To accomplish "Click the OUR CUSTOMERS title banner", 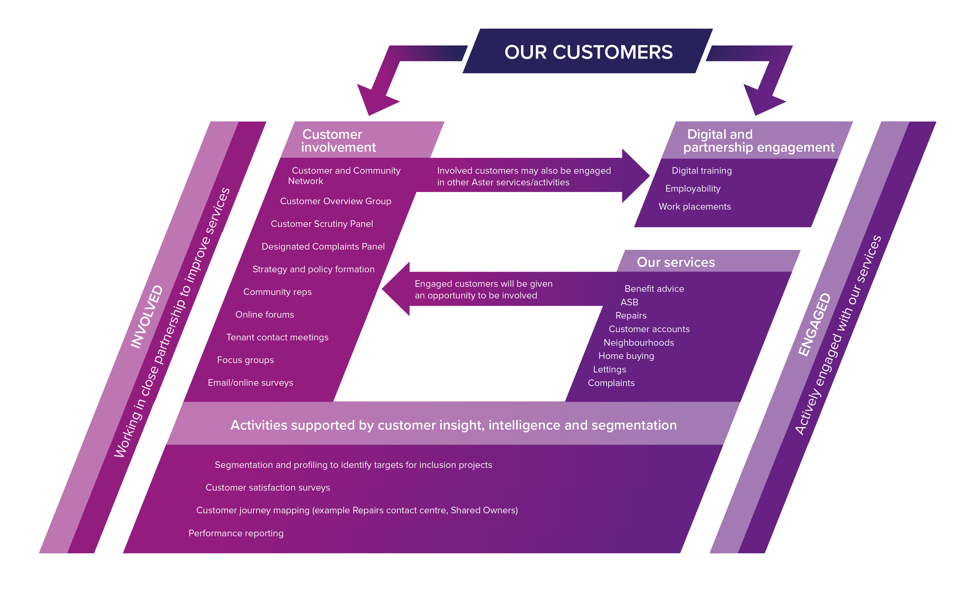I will (588, 52).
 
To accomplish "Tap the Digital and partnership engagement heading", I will (758, 141).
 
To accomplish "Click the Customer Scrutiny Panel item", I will (322, 224).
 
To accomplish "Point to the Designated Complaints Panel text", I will (323, 246).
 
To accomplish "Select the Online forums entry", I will (265, 315).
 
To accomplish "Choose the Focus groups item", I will (245, 360).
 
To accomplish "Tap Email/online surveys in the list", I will (250, 383).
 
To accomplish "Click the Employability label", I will (693, 188).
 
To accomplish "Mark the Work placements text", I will (695, 206).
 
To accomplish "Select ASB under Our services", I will (629, 302).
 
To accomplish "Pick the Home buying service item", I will (626, 356).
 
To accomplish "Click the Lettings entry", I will (609, 369).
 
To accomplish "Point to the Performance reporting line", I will (236, 533).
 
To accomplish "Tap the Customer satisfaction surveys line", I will (268, 488).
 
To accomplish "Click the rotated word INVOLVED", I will (146, 317).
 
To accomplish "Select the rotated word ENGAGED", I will (814, 325).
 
